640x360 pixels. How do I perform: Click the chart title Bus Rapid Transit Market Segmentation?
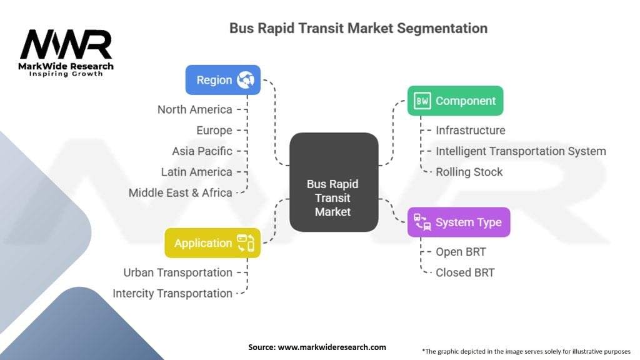pyautogui.click(x=358, y=28)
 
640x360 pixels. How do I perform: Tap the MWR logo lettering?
pyautogui.click(x=66, y=45)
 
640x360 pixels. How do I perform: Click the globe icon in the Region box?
pyautogui.click(x=246, y=80)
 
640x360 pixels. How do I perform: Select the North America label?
pyautogui.click(x=194, y=109)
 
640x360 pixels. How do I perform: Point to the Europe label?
pyautogui.click(x=214, y=130)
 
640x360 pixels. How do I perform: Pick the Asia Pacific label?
pyautogui.click(x=202, y=151)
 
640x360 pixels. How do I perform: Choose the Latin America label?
pyautogui.click(x=196, y=171)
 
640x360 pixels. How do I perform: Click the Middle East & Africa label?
pyautogui.click(x=180, y=192)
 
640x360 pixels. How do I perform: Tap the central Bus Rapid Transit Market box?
pyautogui.click(x=333, y=198)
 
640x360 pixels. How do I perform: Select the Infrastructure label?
pyautogui.click(x=470, y=130)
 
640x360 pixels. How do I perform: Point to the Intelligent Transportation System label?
pyautogui.click(x=521, y=151)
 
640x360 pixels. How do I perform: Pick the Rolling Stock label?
pyautogui.click(x=469, y=172)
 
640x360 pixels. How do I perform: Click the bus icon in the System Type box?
pyautogui.click(x=421, y=222)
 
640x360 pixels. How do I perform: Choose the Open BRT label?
pyautogui.click(x=461, y=252)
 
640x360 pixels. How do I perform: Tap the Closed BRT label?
pyautogui.click(x=465, y=272)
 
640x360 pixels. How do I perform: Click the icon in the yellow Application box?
pyautogui.click(x=245, y=243)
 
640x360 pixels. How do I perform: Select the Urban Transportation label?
pyautogui.click(x=177, y=272)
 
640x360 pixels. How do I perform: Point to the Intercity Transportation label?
pyautogui.click(x=172, y=293)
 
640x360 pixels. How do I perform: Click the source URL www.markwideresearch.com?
pyautogui.click(x=332, y=347)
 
